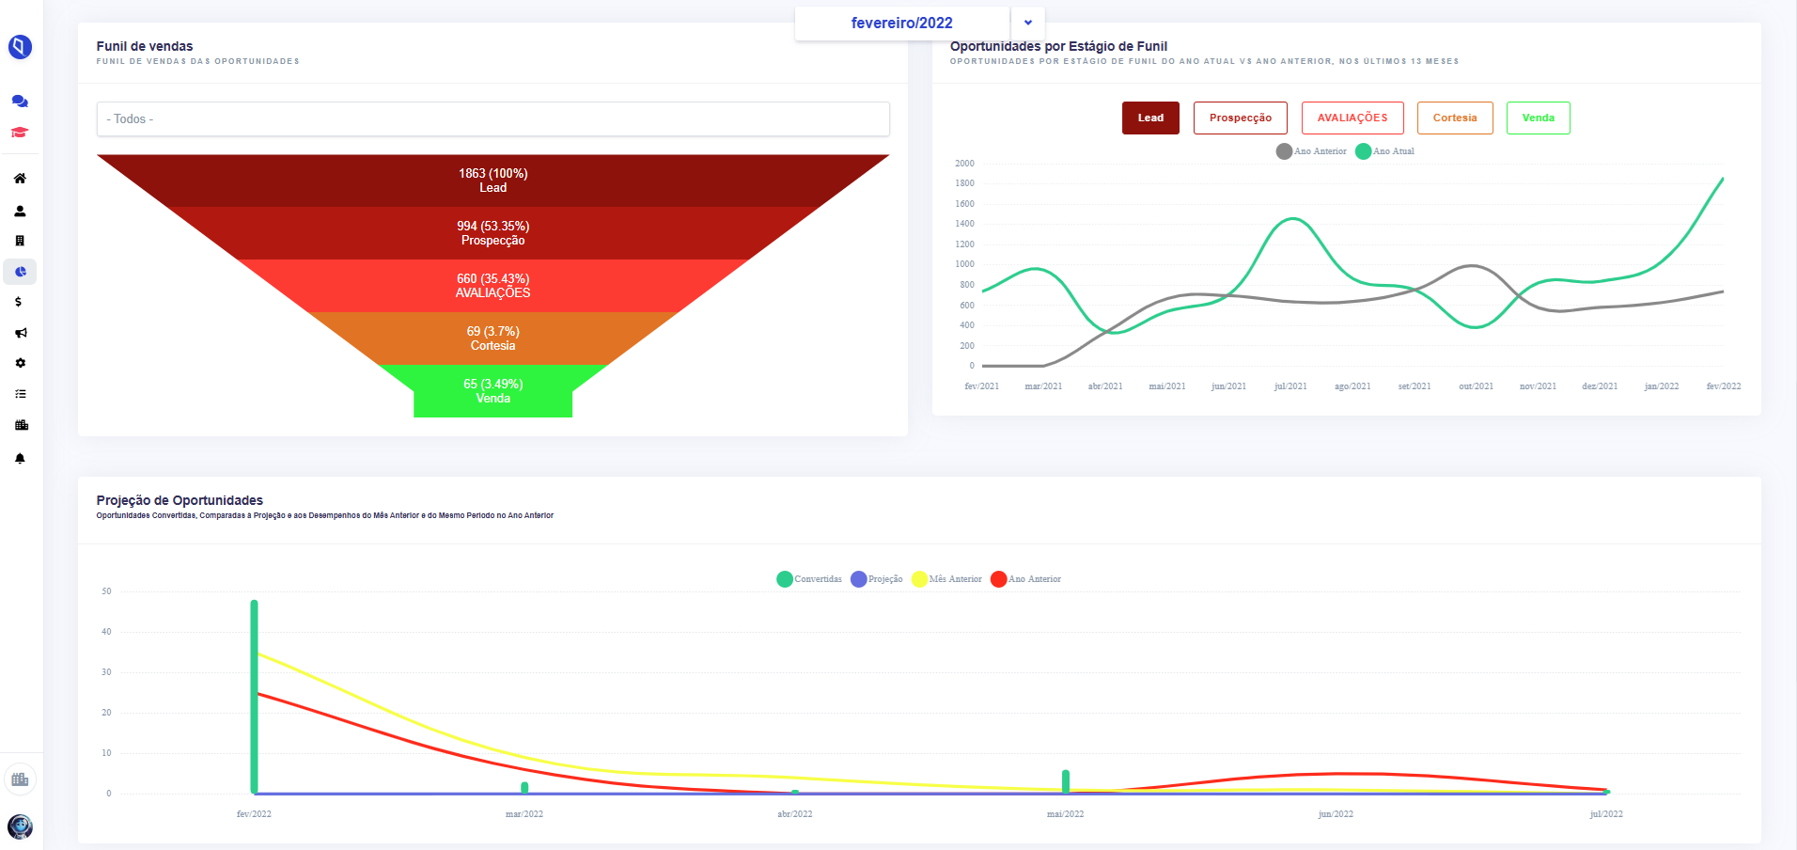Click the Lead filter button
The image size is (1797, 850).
click(1150, 118)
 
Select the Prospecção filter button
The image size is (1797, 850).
click(1241, 118)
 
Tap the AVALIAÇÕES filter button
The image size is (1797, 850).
click(1352, 118)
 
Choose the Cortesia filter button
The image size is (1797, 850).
click(1455, 118)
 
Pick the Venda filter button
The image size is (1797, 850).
click(1539, 118)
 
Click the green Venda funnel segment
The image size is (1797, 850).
click(492, 391)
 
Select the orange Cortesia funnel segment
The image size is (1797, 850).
click(492, 338)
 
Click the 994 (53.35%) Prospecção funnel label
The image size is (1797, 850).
click(493, 233)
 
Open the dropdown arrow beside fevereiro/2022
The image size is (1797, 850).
click(1028, 23)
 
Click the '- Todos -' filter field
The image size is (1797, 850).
click(492, 119)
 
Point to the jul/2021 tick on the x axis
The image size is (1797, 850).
click(1290, 386)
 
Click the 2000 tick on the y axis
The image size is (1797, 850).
click(964, 164)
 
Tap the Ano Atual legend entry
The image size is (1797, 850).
click(1385, 151)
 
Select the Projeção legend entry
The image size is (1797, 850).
click(877, 579)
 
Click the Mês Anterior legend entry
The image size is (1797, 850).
click(947, 579)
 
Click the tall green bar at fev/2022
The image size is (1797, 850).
click(254, 697)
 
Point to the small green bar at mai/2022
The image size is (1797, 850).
click(1066, 781)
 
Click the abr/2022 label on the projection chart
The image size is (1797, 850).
click(795, 814)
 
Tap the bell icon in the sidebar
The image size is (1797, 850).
click(20, 459)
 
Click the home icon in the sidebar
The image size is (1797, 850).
click(20, 179)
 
